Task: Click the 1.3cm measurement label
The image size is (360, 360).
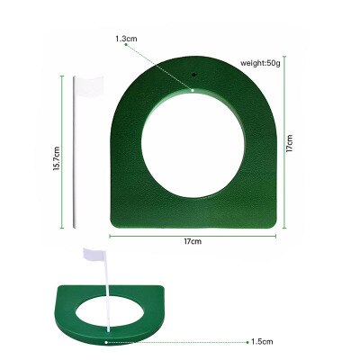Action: pyautogui.click(x=127, y=40)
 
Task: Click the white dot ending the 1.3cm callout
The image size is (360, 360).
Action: pyautogui.click(x=193, y=89)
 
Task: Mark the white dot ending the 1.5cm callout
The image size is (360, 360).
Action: pyautogui.click(x=105, y=342)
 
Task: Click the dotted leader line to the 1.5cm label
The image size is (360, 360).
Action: pyautogui.click(x=180, y=342)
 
